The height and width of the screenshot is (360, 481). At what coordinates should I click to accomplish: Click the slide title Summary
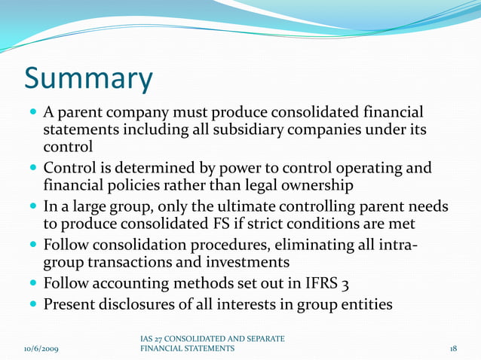click(x=88, y=78)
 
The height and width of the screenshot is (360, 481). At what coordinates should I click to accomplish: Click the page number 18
click(x=453, y=349)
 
